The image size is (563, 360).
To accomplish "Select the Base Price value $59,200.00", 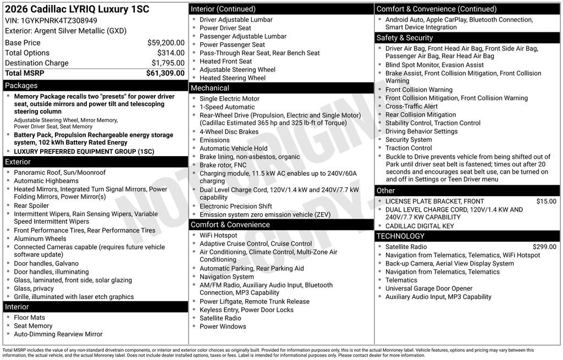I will click(x=165, y=43).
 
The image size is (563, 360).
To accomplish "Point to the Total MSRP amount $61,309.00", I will click(x=165, y=73).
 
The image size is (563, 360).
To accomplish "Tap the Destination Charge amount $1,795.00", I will click(x=168, y=63).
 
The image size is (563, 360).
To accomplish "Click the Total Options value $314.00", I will click(x=170, y=53).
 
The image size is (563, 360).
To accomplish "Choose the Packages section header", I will click(x=21, y=86).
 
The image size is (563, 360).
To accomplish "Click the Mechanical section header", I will click(x=210, y=88).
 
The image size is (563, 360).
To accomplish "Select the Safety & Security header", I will click(x=405, y=38).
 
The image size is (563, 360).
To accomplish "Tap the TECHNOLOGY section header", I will click(x=401, y=236).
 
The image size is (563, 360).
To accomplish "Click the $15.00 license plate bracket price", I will click(x=546, y=202).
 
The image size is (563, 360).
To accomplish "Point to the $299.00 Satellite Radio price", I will click(x=544, y=247).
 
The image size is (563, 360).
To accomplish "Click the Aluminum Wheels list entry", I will click(x=40, y=239).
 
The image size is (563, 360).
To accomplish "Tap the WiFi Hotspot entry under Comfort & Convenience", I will click(x=218, y=235).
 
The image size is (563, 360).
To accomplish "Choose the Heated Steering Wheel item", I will click(x=233, y=78).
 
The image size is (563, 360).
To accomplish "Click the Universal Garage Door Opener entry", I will click(x=429, y=289).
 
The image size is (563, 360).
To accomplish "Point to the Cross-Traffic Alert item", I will click(x=412, y=107).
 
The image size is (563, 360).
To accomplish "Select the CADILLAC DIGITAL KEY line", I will click(x=420, y=226).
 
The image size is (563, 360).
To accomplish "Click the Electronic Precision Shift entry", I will click(x=236, y=207).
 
